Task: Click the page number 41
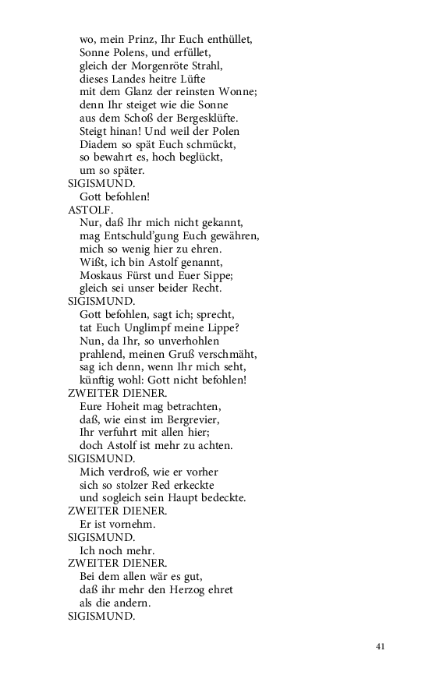pyautogui.click(x=381, y=646)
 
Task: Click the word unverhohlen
pyautogui.click(x=183, y=341)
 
